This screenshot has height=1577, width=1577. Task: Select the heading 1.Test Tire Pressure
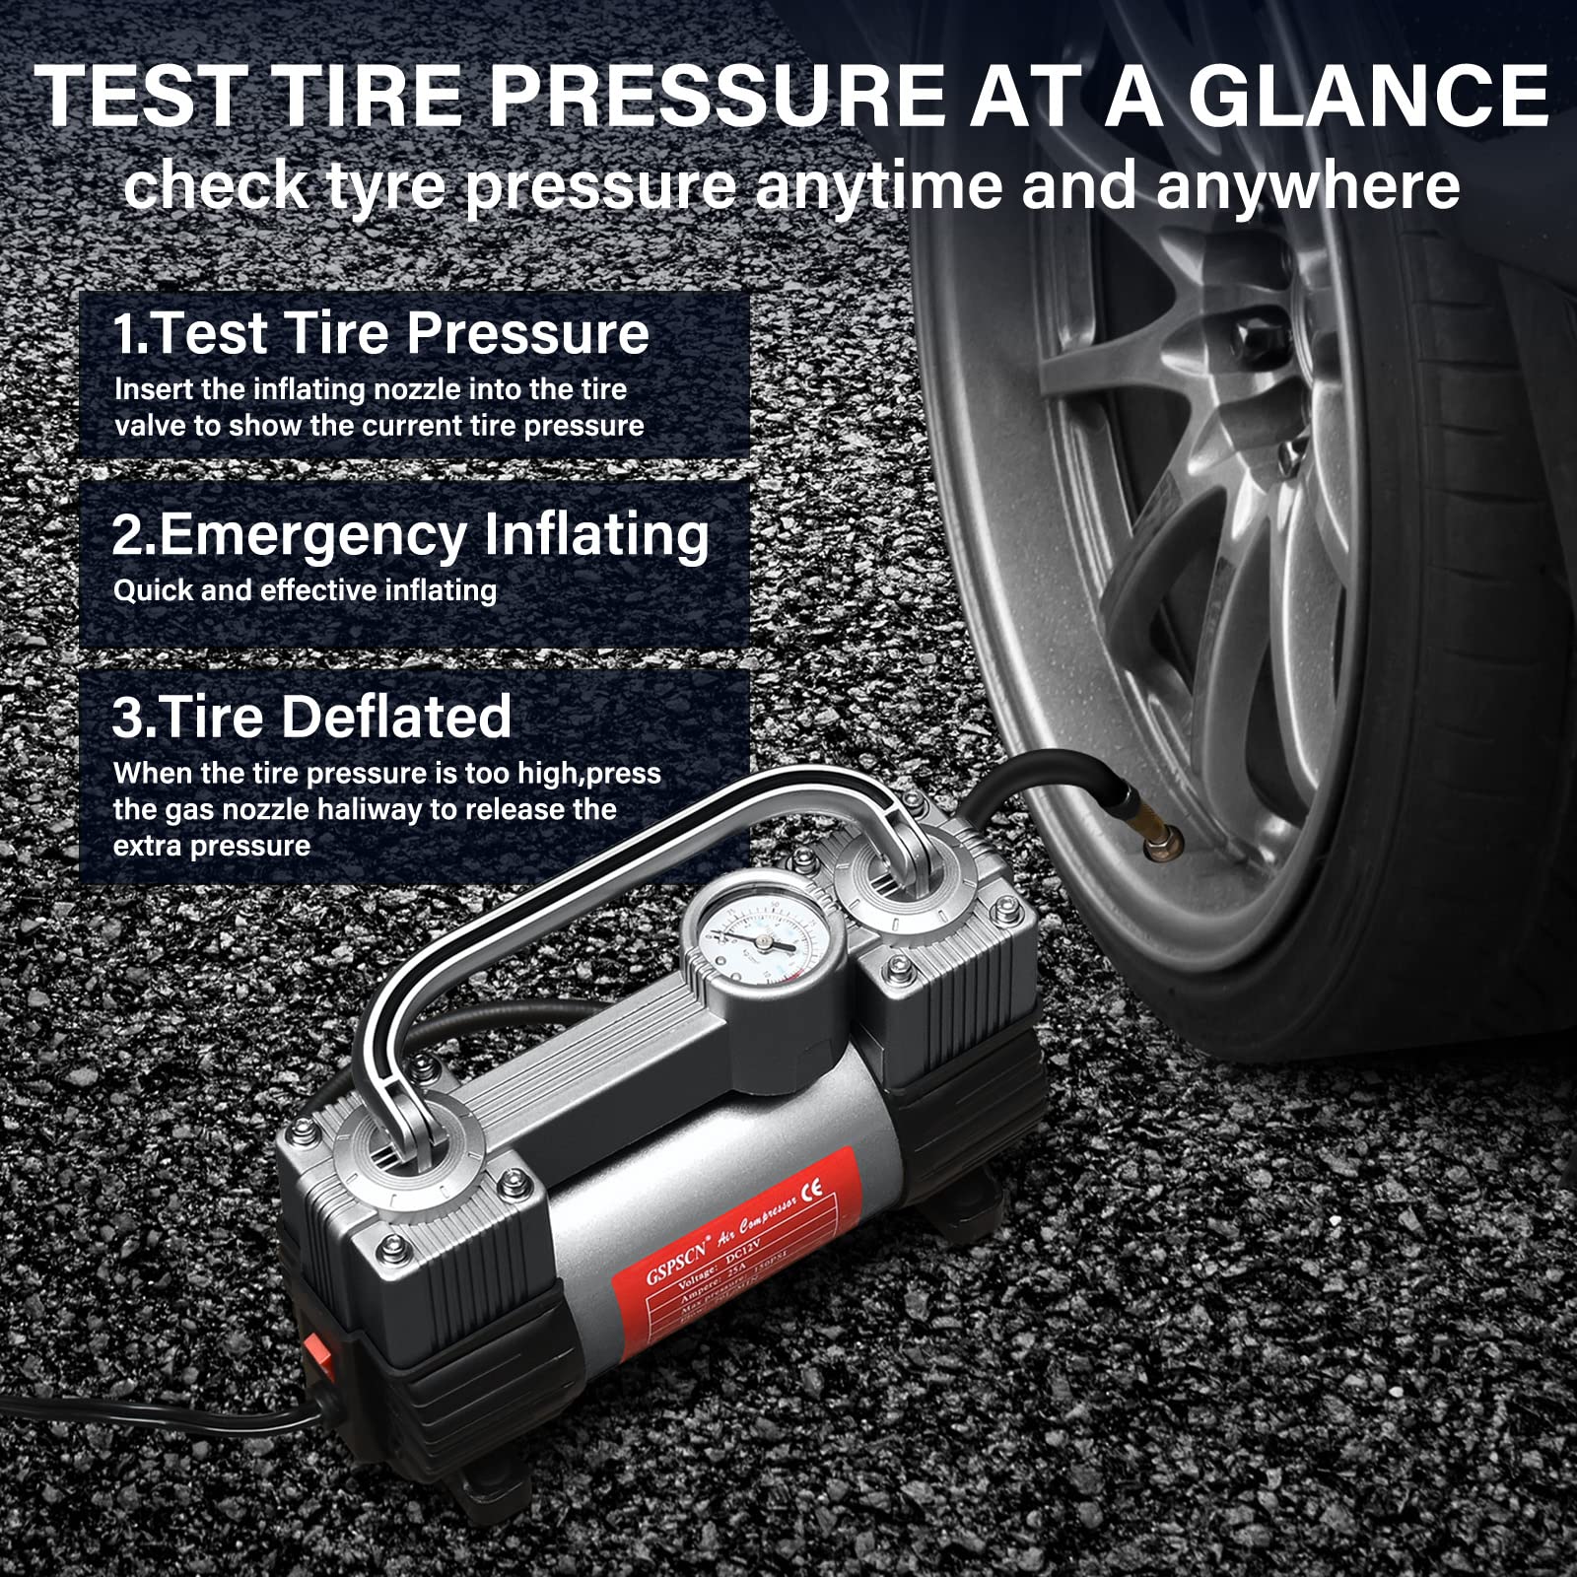tap(380, 333)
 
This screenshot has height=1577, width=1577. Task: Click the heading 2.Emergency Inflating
tap(410, 535)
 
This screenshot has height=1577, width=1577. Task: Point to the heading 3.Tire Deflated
tap(311, 717)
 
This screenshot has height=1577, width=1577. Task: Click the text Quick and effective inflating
tap(305, 590)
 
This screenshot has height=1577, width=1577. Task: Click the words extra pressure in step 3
tap(211, 847)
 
